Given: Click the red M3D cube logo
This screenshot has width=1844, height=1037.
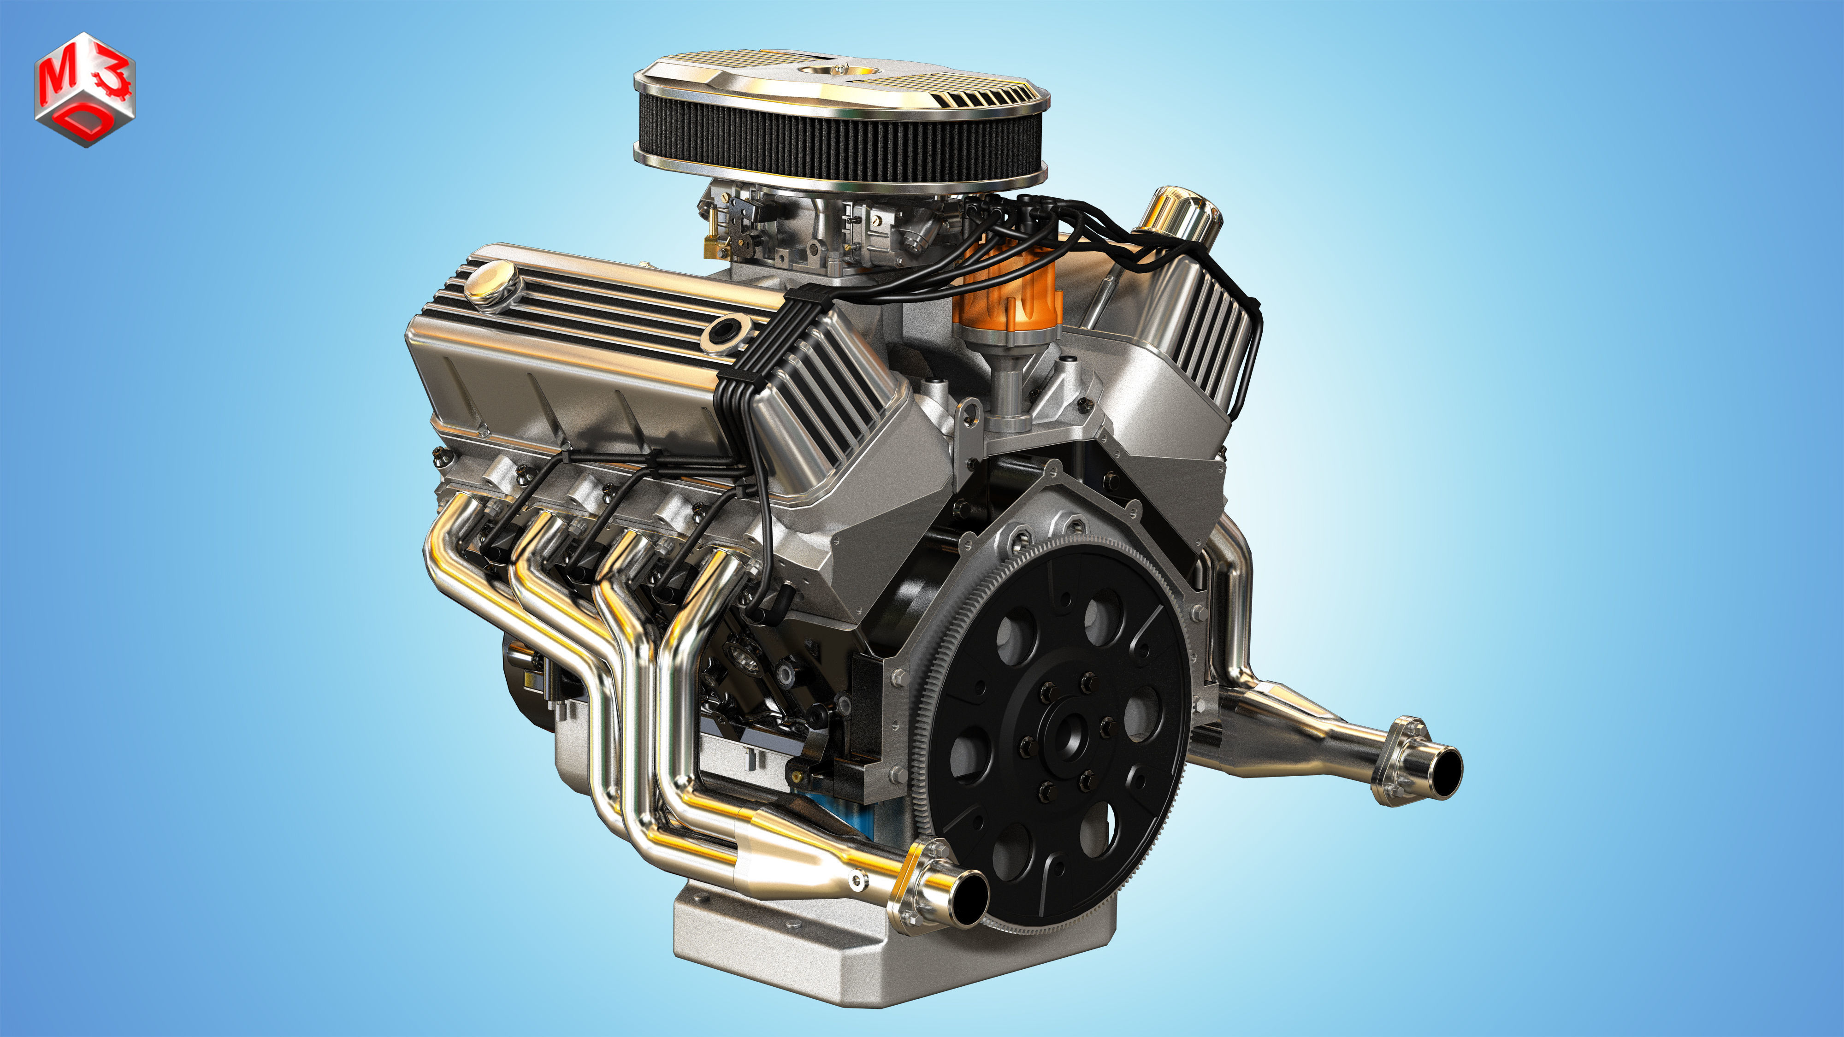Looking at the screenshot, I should [x=84, y=89].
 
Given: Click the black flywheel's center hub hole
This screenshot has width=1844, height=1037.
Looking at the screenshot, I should [x=1070, y=736].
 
